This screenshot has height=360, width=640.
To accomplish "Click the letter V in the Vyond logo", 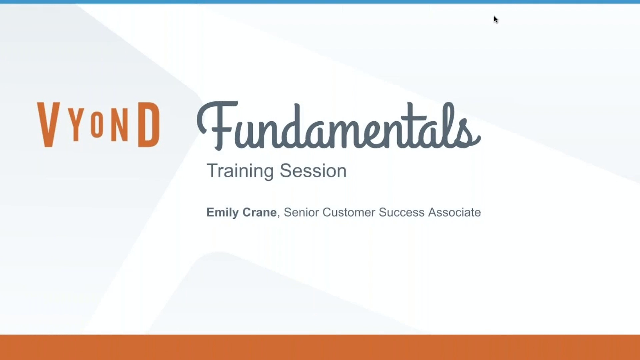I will click(49, 124).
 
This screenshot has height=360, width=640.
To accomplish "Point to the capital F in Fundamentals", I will click(218, 125).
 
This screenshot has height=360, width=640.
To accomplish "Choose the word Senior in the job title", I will click(301, 212).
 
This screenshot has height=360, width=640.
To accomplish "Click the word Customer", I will click(349, 212).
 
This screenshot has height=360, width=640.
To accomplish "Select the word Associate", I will click(454, 212).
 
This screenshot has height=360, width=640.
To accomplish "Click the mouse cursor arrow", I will click(496, 19).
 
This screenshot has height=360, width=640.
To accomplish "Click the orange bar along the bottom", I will click(320, 347).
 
